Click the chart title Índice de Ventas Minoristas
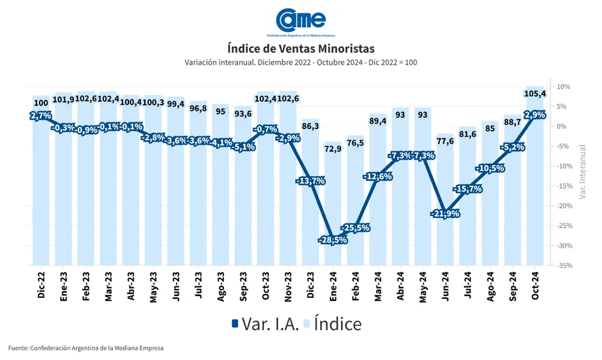[301, 48]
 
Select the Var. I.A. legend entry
[265, 323]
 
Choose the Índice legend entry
[333, 323]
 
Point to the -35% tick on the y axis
[563, 266]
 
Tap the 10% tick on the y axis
[563, 86]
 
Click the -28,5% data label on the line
[332, 240]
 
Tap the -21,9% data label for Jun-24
[445, 214]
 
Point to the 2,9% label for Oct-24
[534, 115]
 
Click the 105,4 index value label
[534, 94]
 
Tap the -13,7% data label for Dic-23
[310, 181]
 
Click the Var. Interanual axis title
[582, 172]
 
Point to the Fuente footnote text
[86, 348]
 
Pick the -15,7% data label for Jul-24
[467, 189]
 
